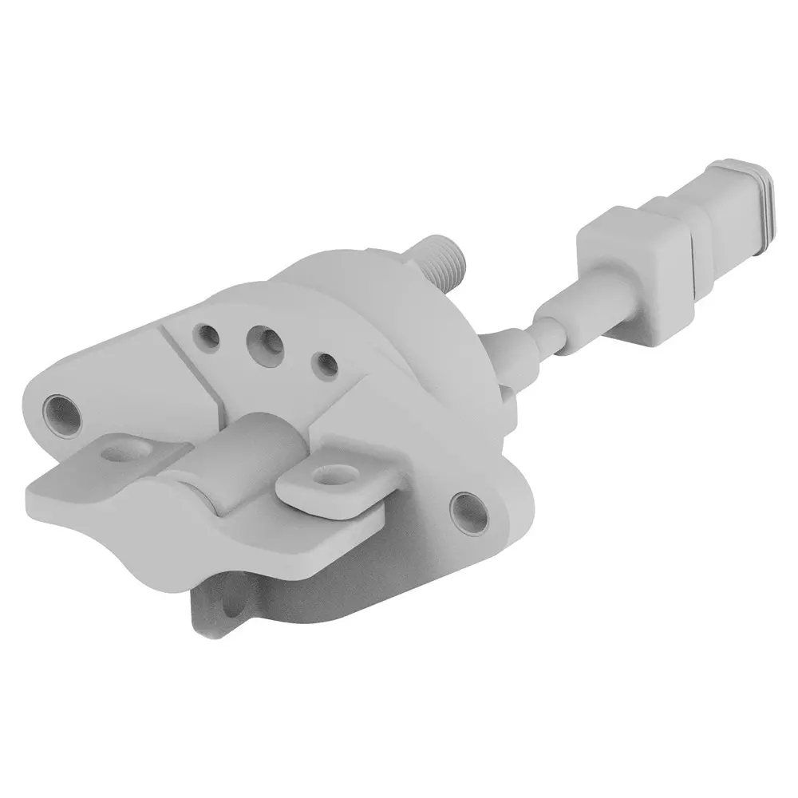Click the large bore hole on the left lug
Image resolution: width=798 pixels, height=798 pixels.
click(61, 411)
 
